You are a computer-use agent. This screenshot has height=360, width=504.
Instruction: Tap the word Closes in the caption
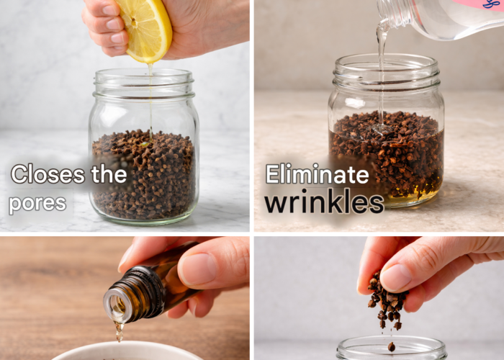point(48,174)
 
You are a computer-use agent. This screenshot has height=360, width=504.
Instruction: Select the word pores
point(37,204)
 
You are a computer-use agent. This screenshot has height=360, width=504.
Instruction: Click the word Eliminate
point(318,174)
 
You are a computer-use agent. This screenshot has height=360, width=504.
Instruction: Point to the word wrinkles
point(324,203)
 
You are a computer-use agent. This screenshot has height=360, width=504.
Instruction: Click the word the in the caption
point(109,174)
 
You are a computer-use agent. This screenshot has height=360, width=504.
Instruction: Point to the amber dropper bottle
point(151,286)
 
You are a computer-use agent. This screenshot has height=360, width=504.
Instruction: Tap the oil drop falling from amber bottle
point(120,333)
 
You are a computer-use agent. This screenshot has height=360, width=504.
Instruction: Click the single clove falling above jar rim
point(391,347)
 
